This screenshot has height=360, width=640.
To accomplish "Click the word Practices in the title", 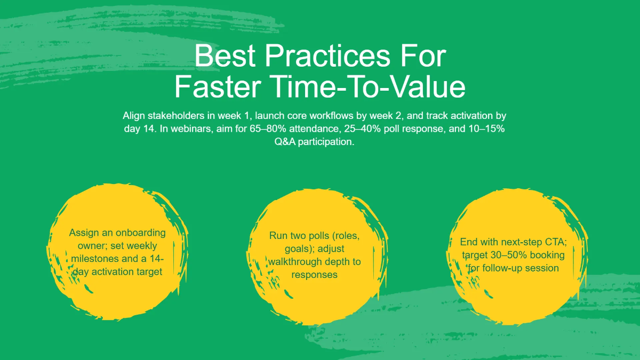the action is (x=327, y=56).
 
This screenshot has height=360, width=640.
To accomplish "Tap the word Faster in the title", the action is (x=218, y=87).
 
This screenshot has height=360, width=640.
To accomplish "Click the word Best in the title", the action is (x=225, y=56).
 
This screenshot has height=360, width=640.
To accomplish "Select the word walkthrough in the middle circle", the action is (x=295, y=262).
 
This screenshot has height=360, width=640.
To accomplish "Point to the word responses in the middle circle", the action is (x=314, y=275).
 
